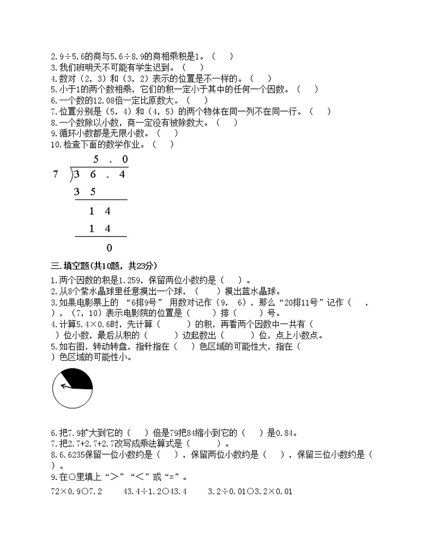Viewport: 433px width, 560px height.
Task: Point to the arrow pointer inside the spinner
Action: (66, 386)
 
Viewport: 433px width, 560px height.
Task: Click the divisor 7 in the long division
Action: (55, 174)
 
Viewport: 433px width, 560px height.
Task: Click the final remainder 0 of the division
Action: (109, 248)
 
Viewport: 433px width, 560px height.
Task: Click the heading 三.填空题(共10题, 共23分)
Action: (104, 266)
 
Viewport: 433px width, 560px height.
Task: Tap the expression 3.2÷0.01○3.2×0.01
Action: (250, 491)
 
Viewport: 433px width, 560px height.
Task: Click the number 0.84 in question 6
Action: (280, 433)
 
